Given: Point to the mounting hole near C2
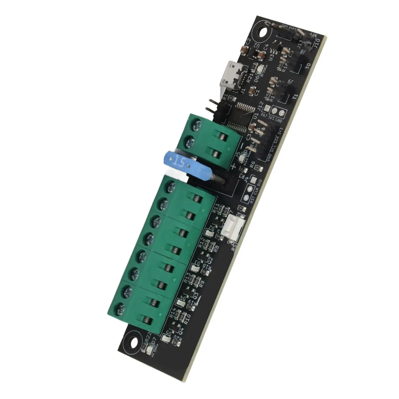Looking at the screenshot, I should coord(263,32).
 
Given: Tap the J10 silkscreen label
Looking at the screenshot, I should coord(317,43).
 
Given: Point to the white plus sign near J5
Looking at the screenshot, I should coord(234,166).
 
